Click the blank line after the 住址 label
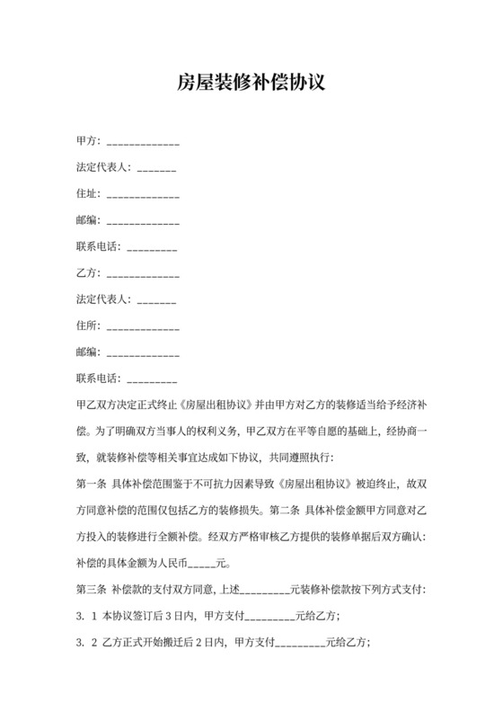tap(143, 195)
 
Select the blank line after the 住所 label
tap(143, 325)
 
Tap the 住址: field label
tap(89, 193)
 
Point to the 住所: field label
tap(89, 324)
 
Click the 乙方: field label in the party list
tap(89, 271)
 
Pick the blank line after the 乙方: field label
tap(143, 273)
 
